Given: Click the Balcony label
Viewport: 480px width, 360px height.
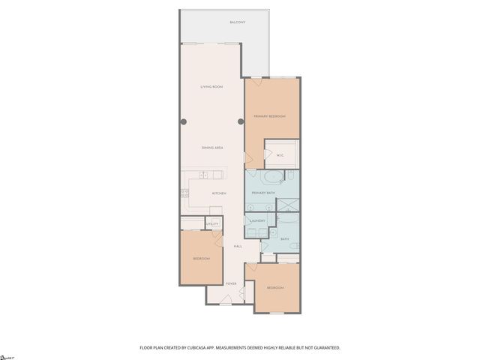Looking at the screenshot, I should [x=239, y=22].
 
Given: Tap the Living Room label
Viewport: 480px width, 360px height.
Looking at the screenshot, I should [x=211, y=87].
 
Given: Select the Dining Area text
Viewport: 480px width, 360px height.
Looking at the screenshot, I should [x=212, y=148].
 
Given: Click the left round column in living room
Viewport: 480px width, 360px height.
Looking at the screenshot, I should [x=183, y=121].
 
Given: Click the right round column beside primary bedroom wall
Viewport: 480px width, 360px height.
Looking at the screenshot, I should [x=241, y=121].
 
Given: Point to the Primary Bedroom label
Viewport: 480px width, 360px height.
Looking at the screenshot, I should [x=270, y=116].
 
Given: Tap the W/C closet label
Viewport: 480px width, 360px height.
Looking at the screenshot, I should [x=280, y=156].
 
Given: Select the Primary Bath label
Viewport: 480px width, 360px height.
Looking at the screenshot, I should [x=263, y=193].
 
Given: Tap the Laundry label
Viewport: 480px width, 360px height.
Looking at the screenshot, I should [x=256, y=220].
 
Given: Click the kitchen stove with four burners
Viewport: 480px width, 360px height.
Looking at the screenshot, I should [x=183, y=193].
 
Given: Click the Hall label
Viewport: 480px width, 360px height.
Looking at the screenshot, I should [x=238, y=246].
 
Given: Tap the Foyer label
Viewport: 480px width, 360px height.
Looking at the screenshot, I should [x=231, y=283].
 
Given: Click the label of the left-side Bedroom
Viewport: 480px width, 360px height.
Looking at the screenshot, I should [x=201, y=259].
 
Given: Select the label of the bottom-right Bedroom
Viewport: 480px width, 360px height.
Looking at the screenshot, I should [x=275, y=288].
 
